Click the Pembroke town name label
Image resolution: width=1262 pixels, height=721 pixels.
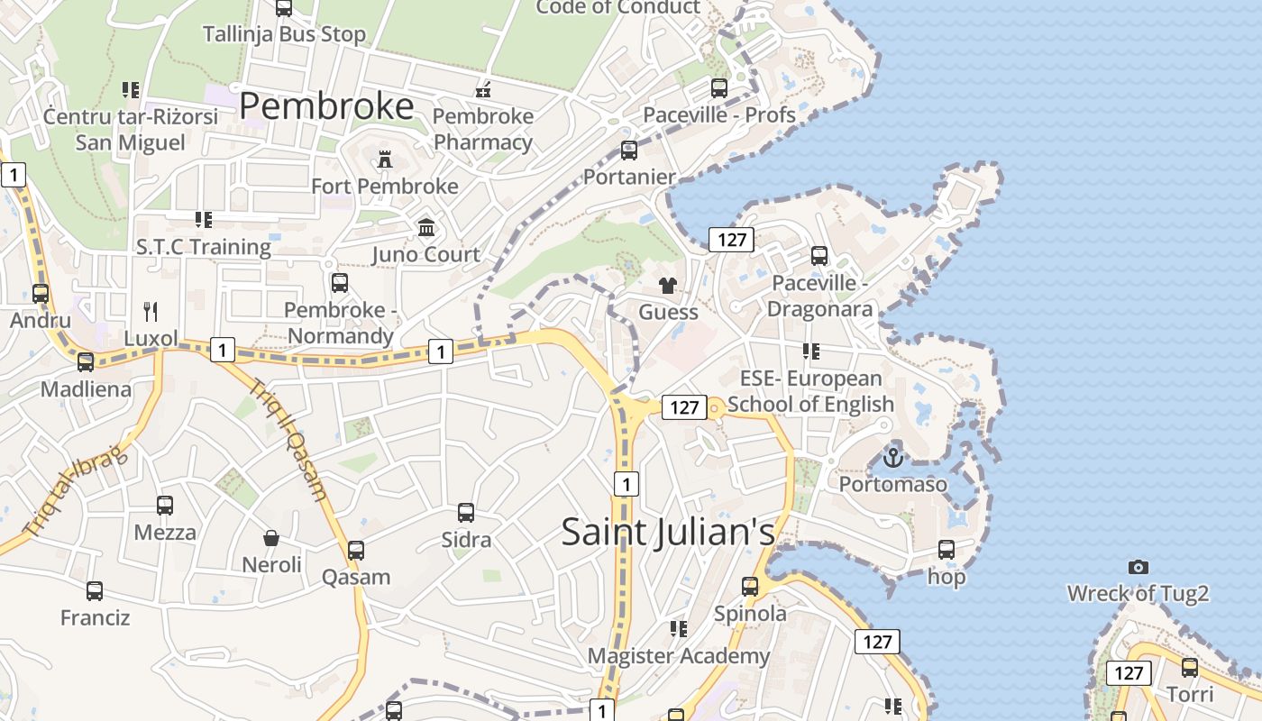click(326, 106)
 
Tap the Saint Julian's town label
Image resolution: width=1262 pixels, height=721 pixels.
click(668, 531)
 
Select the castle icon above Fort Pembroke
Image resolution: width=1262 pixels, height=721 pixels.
click(385, 160)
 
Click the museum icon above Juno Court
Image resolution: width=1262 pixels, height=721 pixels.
click(426, 227)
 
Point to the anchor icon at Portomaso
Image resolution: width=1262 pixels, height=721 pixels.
click(892, 458)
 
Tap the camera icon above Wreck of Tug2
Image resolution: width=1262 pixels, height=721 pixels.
click(1139, 567)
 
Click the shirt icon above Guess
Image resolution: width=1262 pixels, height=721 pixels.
click(667, 287)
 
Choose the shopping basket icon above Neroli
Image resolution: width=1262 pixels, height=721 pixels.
click(271, 538)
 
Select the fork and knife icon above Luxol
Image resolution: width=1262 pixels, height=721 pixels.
click(151, 312)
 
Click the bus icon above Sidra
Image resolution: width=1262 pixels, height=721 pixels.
click(466, 513)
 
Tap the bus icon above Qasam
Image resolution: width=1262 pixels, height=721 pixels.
click(356, 550)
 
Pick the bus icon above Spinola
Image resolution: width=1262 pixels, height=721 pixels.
click(750, 587)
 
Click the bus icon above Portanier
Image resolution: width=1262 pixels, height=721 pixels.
click(629, 151)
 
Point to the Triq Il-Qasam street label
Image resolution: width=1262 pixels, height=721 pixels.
click(288, 439)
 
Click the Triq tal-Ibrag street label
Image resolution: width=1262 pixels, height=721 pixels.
click(74, 492)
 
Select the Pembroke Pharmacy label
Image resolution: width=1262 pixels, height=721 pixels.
click(483, 129)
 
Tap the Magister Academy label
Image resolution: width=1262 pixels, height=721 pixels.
click(679, 655)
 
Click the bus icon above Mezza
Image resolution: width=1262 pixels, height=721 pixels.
click(165, 506)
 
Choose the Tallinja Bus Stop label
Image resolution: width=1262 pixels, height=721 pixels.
click(284, 34)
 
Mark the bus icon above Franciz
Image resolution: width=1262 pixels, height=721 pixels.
click(95, 591)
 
